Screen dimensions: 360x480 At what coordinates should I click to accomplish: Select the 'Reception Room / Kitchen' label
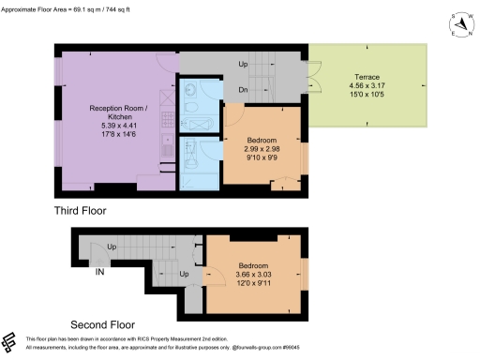pos(113,112)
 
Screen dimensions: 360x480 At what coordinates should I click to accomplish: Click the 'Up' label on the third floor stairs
pos(244,66)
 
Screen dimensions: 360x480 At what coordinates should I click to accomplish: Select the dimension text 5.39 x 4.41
pos(113,126)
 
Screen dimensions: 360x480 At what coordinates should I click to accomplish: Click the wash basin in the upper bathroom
pos(190,92)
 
